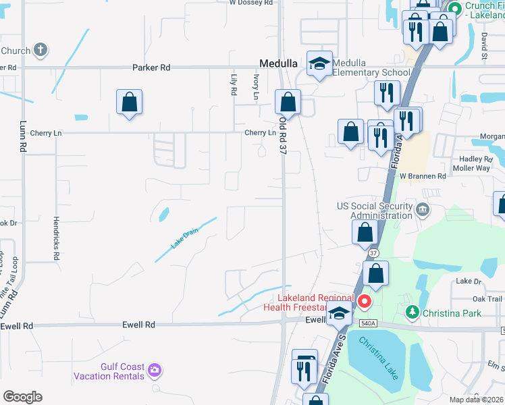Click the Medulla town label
tap(279, 63)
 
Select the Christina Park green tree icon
tap(413, 313)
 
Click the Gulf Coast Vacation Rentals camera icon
tap(155, 369)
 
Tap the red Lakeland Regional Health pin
tap(365, 301)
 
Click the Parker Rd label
tap(151, 67)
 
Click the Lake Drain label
tap(184, 239)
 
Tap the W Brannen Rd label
tap(423, 175)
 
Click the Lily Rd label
tap(234, 84)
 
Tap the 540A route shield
tap(367, 323)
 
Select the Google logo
tap(22, 397)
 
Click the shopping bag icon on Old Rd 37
tap(288, 103)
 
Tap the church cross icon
tap(41, 50)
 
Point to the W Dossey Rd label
tap(251, 3)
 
